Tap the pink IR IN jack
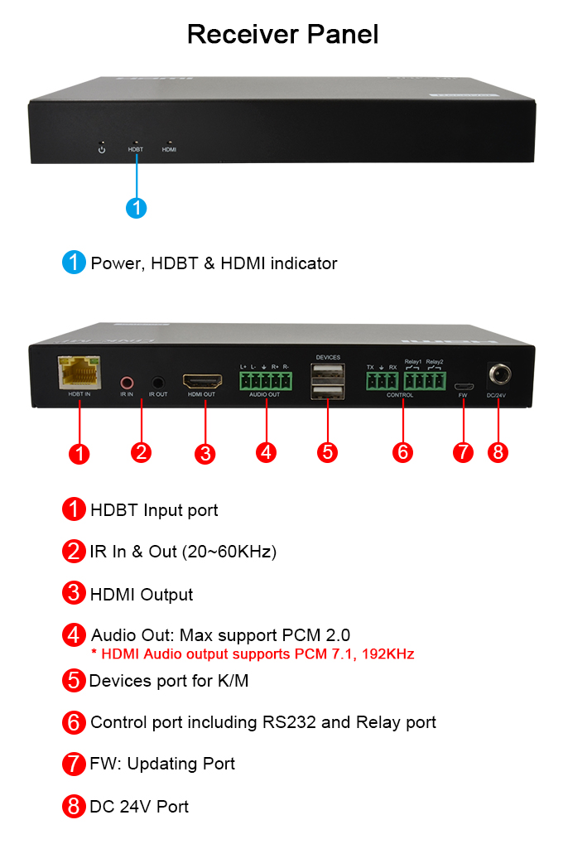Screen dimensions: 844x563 pos(127,383)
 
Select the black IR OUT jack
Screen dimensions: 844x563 pos(157,383)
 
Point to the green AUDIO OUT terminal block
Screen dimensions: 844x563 pos(265,381)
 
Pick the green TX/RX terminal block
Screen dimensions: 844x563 pos(382,381)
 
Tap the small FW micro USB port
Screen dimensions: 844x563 pos(463,386)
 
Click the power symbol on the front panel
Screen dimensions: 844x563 pos(102,149)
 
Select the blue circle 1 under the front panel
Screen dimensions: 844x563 pos(137,207)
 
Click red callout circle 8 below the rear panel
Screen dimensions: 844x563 pos(498,452)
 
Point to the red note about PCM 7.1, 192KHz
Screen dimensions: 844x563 pos(253,654)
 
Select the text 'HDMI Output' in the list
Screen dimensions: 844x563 pos(142,595)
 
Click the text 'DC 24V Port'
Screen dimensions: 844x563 pos(139,807)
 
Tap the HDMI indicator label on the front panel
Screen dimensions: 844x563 pos(169,150)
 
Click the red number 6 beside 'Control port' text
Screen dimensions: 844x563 pos(75,722)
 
